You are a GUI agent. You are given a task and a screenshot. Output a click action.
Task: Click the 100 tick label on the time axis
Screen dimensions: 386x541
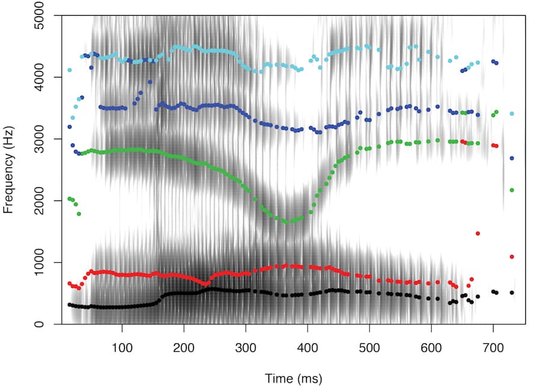[122, 348]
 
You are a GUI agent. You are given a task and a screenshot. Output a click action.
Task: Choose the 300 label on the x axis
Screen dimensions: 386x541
[246, 348]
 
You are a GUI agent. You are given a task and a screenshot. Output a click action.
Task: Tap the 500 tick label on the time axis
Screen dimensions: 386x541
[370, 348]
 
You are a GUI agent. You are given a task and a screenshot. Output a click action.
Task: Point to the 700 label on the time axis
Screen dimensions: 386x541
[493, 348]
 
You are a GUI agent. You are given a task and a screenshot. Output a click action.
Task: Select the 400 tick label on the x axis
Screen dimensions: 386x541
[308, 348]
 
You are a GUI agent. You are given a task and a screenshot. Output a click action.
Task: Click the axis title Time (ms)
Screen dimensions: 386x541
[293, 378]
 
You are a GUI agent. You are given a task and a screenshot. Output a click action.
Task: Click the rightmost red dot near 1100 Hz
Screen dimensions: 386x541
[512, 257]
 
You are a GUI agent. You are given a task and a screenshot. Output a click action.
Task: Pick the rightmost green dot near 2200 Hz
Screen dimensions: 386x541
[512, 190]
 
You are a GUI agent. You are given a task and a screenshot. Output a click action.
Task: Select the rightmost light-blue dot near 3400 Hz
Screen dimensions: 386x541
[512, 113]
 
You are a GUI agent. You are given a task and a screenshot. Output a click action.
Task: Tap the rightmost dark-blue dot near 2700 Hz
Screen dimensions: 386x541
[512, 158]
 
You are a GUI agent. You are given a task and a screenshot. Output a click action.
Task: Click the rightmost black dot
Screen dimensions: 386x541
[512, 293]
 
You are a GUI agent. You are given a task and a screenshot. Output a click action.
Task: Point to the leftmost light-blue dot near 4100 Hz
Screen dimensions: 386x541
[70, 70]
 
